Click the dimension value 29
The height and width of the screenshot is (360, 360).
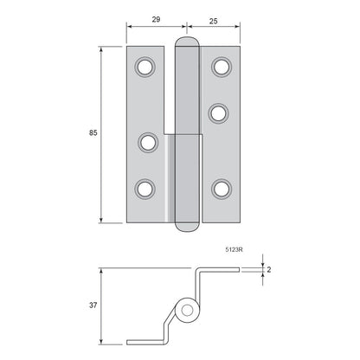pos(156,19)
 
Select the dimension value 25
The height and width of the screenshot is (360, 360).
pos(214,21)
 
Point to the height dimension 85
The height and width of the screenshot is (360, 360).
pos(93,133)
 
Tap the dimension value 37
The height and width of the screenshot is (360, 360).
pos(93,305)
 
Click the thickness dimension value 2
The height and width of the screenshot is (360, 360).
pos(269,270)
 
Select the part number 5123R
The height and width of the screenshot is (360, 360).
pos(234,250)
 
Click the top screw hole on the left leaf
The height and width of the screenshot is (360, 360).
pos(145,67)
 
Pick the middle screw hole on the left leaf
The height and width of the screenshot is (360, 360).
pos(148,143)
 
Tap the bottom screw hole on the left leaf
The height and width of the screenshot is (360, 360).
pos(145,190)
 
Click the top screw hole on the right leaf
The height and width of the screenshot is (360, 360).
pos(222,67)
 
